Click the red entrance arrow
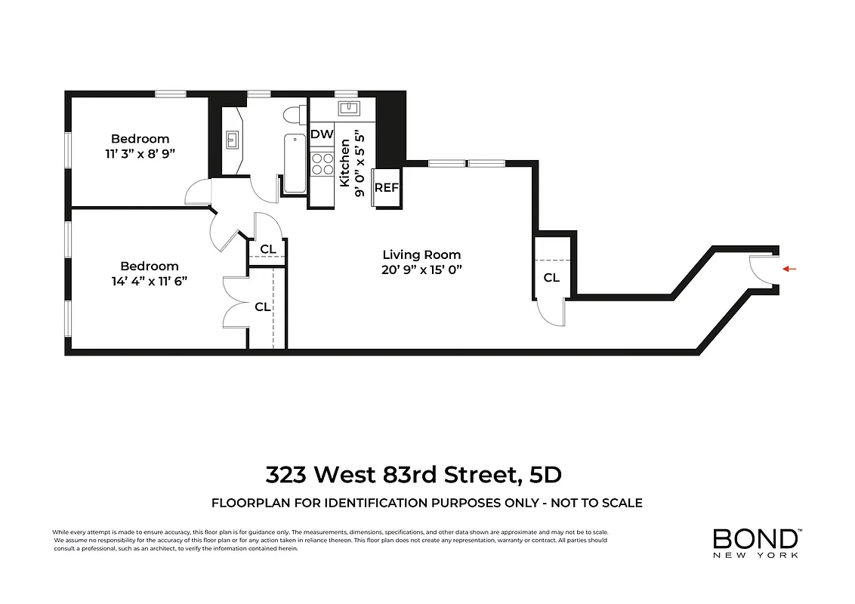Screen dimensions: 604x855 [x=789, y=269]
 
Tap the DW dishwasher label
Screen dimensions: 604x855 [x=322, y=134]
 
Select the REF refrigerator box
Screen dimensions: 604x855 [x=386, y=187]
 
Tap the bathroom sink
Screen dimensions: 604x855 [x=233, y=140]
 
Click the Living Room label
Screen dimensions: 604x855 [x=421, y=255]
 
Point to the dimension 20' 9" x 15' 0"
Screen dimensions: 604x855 [x=421, y=270]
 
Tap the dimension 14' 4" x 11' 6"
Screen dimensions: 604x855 [x=150, y=280]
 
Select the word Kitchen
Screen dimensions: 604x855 [x=344, y=163]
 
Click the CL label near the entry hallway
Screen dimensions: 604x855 [x=552, y=278]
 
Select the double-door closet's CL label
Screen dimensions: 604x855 [x=262, y=307]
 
